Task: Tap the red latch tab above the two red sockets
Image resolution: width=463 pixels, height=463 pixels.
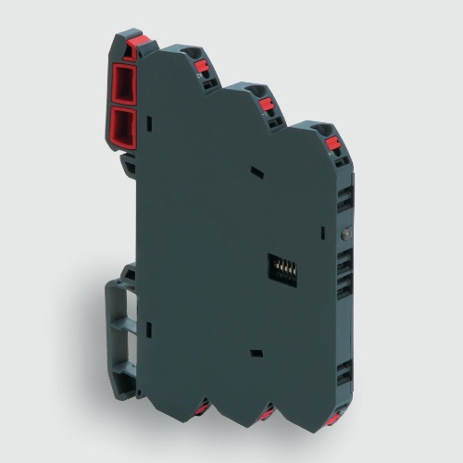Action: click(x=131, y=43)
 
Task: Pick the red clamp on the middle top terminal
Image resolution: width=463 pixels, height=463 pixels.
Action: click(x=267, y=104)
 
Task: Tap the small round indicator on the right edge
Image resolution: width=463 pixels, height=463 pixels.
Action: click(x=345, y=234)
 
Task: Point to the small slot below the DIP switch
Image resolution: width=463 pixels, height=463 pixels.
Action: click(x=255, y=352)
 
